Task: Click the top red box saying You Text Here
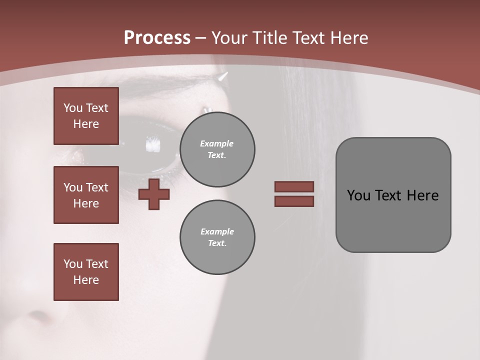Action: tap(86, 116)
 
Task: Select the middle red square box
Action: tap(86, 195)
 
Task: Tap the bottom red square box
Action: tap(86, 271)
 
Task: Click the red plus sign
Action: tap(154, 194)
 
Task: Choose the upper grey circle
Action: tap(217, 149)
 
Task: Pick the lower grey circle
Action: tap(217, 237)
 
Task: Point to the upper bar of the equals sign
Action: tap(294, 186)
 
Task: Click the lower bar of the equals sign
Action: tap(294, 201)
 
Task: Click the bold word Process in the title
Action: tap(157, 37)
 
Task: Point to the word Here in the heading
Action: tap(350, 38)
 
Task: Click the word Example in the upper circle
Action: tap(217, 143)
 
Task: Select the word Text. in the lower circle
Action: tap(217, 243)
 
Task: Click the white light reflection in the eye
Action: tap(153, 145)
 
